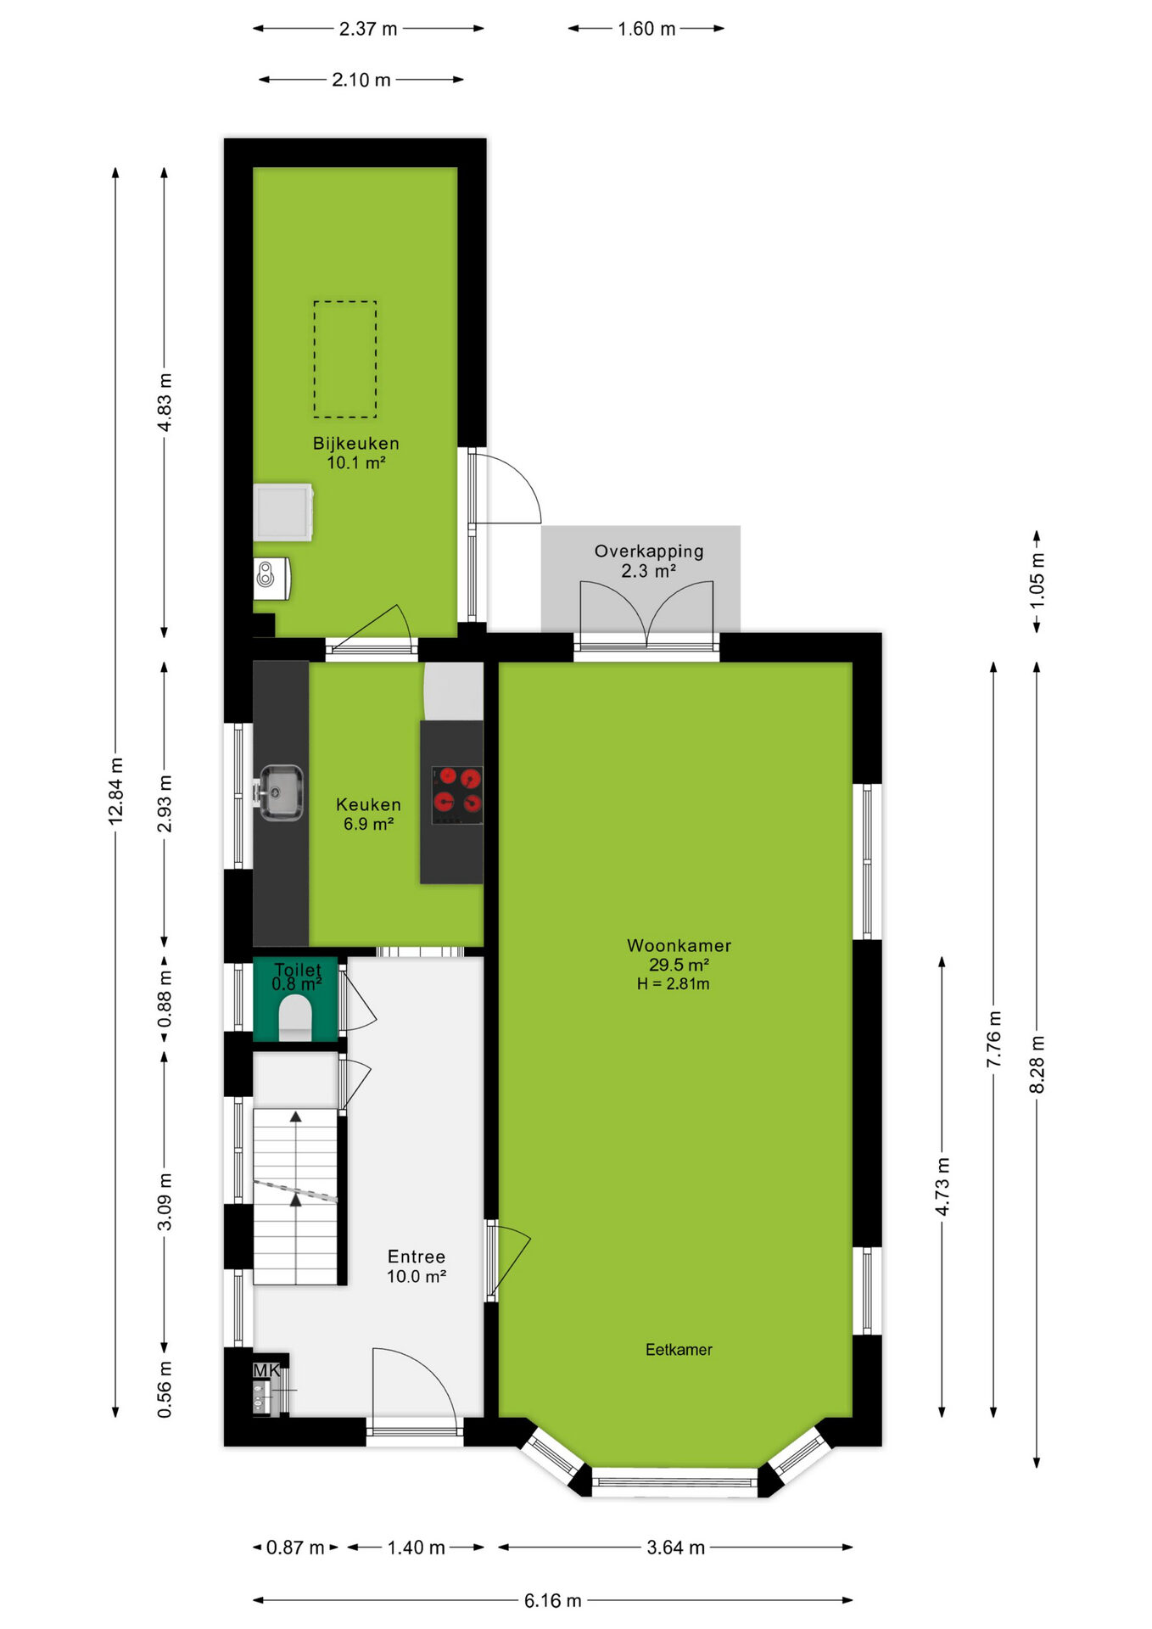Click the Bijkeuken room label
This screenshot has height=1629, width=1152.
(x=355, y=443)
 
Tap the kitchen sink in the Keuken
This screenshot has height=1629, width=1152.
(x=281, y=792)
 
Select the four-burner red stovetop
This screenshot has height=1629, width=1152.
(x=457, y=794)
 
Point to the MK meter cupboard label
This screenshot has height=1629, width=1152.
(x=266, y=1370)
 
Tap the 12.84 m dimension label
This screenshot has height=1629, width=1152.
(x=116, y=791)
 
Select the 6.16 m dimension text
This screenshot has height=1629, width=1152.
(x=552, y=1600)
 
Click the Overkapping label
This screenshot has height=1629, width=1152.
(x=649, y=551)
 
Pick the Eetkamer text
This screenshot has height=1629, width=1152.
(x=679, y=1349)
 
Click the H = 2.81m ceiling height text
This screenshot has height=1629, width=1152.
(x=673, y=984)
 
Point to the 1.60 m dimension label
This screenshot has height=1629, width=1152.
(x=646, y=29)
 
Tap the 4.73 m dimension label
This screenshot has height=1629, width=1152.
(x=942, y=1186)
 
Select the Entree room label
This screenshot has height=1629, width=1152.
(x=417, y=1257)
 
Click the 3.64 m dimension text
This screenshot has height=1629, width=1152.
(x=676, y=1548)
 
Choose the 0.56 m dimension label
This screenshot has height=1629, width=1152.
(x=165, y=1389)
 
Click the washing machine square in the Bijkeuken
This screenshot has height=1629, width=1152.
(x=283, y=512)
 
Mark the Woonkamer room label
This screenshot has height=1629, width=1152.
(x=679, y=945)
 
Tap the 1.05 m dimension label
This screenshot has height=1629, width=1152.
(x=1037, y=580)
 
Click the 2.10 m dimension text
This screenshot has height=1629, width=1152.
(x=361, y=80)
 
